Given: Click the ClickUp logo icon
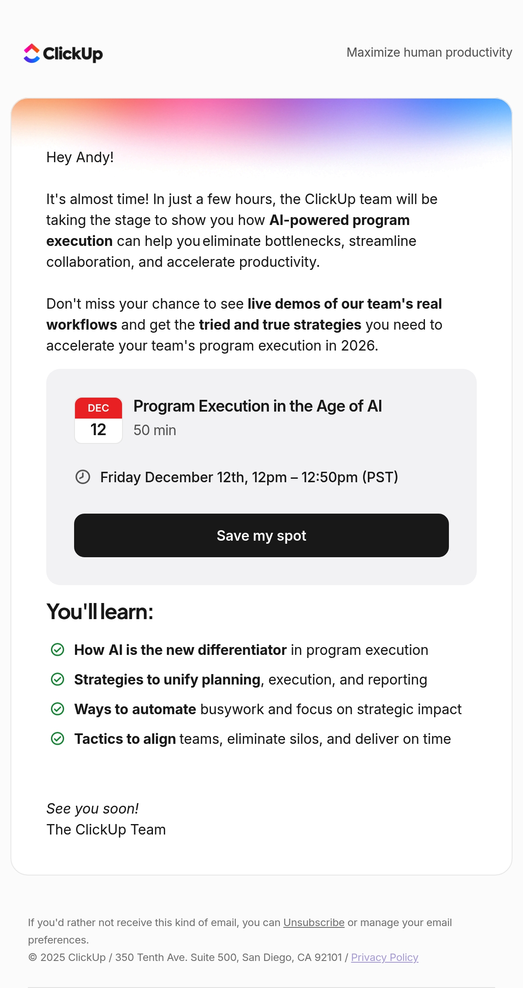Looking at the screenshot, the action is click(32, 53).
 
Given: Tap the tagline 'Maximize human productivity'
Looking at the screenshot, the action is click(429, 52).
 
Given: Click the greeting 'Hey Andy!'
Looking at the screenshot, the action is click(80, 157).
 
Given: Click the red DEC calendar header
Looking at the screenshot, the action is click(98, 408).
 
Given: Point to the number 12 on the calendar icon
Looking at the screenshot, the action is click(98, 430).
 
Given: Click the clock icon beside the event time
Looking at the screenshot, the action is click(83, 477).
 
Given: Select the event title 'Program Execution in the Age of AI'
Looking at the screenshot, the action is click(258, 406).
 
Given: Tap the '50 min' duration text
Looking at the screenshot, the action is click(155, 430).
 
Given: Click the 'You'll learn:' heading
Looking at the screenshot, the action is click(100, 612).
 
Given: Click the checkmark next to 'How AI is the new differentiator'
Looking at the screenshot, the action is click(58, 650).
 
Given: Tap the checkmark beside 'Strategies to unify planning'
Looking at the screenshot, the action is click(58, 679).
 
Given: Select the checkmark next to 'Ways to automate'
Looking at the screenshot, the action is click(58, 709).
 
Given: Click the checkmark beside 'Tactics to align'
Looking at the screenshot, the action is click(58, 739).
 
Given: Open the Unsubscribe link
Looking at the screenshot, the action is click(314, 923).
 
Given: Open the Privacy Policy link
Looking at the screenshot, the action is click(385, 957).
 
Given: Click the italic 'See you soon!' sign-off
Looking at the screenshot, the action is click(92, 809).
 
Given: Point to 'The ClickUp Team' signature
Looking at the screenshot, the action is click(106, 830).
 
